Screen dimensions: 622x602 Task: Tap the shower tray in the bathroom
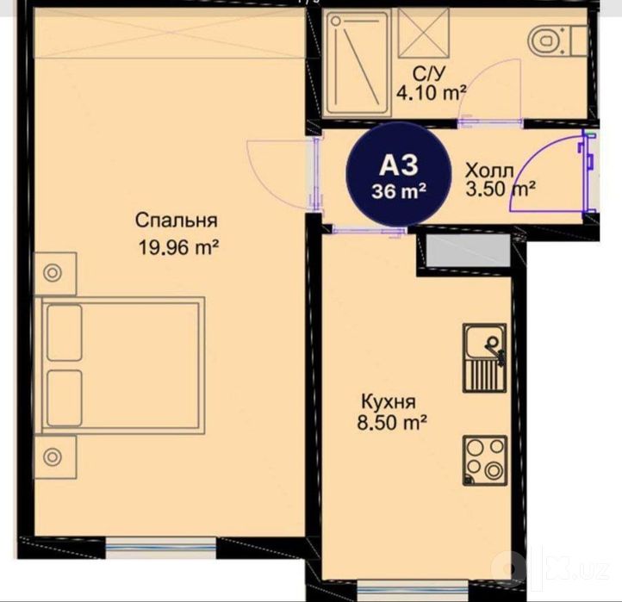(x=357, y=64)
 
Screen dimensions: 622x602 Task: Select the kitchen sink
(x=485, y=357)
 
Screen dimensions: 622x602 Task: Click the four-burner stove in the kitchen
(x=485, y=461)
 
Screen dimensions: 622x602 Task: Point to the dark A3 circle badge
(x=399, y=175)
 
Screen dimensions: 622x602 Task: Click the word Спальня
(x=176, y=220)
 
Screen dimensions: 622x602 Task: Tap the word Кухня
(x=389, y=402)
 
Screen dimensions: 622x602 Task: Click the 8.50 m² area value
(x=392, y=423)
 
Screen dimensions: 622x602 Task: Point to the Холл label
(x=489, y=171)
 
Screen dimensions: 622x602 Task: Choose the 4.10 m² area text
(x=432, y=93)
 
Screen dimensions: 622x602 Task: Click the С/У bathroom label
(x=429, y=73)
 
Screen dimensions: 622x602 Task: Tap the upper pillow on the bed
(x=65, y=332)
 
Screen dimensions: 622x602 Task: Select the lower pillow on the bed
(x=65, y=399)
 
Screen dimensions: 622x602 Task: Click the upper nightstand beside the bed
(x=55, y=274)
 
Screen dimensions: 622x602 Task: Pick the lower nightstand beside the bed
(x=55, y=457)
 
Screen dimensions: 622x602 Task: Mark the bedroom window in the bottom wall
(x=161, y=548)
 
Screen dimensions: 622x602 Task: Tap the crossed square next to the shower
(x=424, y=34)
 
